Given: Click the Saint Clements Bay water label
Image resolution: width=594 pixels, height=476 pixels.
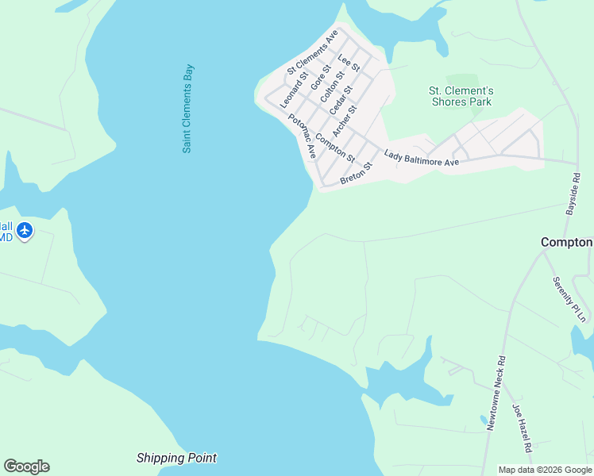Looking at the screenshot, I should coord(187,109).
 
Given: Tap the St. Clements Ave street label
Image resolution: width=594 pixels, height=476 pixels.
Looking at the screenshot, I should coord(313,52).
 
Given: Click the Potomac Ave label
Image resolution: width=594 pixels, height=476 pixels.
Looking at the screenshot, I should coord(303,134).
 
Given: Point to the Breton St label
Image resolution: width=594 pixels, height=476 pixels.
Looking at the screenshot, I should coord(356,173).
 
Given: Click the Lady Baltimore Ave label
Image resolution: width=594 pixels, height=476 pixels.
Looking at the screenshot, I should coord(422,158).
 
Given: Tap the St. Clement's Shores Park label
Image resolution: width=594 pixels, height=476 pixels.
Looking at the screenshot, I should coord(461,96).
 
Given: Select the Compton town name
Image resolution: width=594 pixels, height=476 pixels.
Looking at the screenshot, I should coord(567,242).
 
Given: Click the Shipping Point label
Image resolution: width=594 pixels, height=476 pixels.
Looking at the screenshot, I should coord(176,458).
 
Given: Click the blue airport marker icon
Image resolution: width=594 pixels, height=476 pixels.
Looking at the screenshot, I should coord(25,230).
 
